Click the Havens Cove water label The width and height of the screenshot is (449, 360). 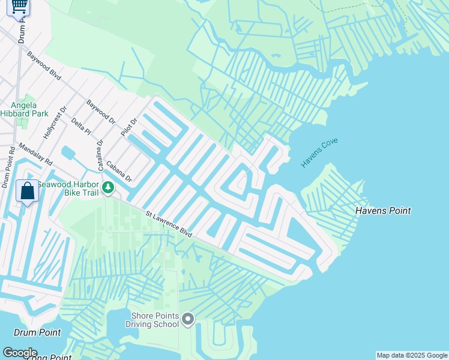[x=320, y=152]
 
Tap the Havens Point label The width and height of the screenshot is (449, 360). [x=383, y=211]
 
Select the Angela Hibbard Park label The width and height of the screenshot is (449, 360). [x=23, y=109]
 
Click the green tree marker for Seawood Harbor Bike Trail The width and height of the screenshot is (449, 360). [x=108, y=188]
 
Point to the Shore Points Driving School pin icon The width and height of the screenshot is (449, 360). [x=188, y=319]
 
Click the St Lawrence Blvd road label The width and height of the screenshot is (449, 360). [x=169, y=224]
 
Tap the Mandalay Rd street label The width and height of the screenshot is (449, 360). [x=35, y=154]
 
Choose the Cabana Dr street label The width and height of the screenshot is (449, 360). [x=119, y=172]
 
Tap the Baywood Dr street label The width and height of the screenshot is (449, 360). [x=100, y=112]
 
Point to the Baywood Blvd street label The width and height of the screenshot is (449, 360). [x=44, y=65]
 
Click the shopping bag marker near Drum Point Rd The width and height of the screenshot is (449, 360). [x=27, y=191]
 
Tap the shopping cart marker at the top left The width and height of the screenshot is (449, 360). [x=19, y=6]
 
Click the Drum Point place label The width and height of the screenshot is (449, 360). [x=38, y=332]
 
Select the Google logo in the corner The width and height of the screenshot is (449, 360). [x=20, y=353]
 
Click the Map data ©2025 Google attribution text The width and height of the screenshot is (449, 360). [x=412, y=355]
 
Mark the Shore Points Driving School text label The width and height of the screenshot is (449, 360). [x=152, y=320]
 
